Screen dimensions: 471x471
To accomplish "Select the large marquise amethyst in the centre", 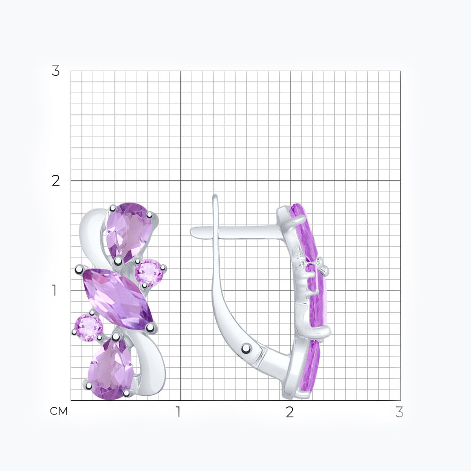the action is click(118, 297).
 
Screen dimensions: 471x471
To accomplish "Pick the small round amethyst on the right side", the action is click(148, 272).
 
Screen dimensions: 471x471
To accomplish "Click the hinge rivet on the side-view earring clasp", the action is click(247, 349).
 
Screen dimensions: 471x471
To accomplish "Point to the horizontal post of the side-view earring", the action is click(237, 232).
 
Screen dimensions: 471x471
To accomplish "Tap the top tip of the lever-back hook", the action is click(215, 196).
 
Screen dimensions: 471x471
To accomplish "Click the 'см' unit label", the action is click(59, 411).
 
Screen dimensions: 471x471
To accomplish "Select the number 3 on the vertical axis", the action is click(56, 71).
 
